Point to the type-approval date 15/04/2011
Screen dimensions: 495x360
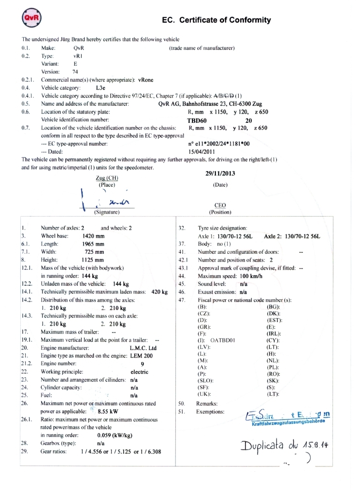point(202,151)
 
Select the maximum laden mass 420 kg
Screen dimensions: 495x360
point(159,292)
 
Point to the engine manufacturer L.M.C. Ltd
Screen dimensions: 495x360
point(143,348)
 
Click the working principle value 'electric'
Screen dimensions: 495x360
point(140,372)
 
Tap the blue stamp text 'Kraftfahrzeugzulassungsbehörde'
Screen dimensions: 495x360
point(288,421)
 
